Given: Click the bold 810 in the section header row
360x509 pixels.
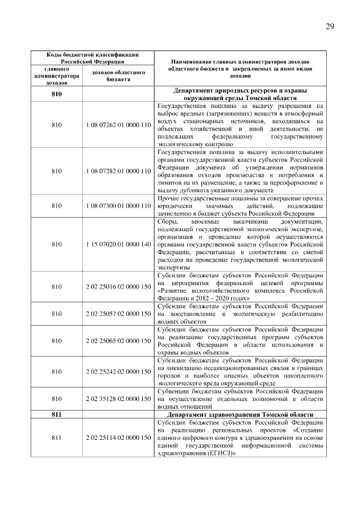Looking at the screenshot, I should tap(56, 93).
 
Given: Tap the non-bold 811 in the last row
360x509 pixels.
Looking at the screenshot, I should tap(56, 437).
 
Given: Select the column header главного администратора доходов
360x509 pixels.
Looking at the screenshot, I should tap(56, 76).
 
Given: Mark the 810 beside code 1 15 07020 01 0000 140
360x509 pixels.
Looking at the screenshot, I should tap(56, 245).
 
